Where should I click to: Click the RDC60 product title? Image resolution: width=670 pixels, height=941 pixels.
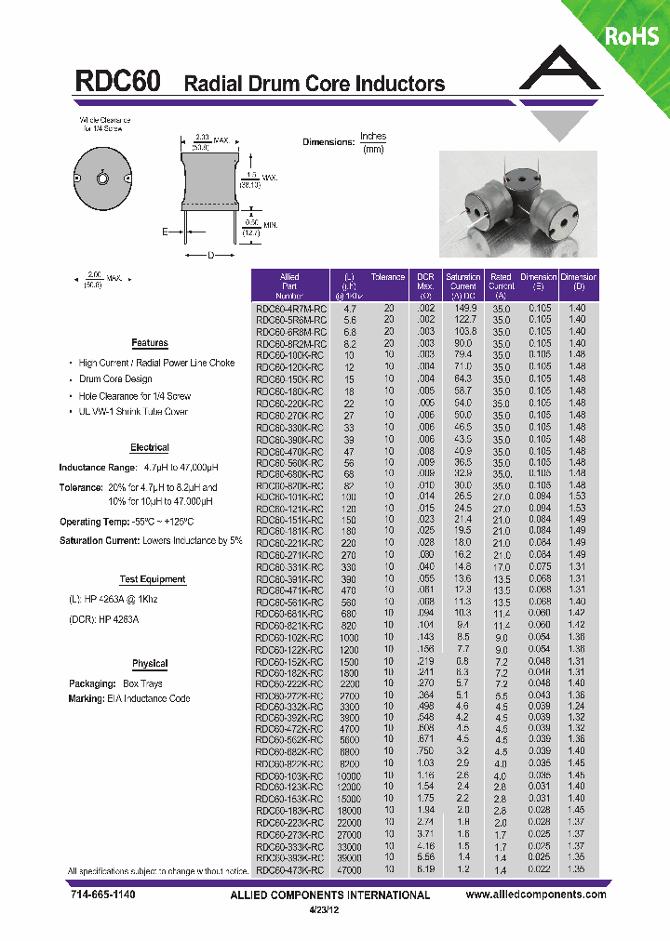click(117, 82)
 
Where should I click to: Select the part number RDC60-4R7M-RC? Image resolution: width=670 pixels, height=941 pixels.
click(290, 308)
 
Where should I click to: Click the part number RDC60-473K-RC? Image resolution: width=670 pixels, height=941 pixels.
click(290, 870)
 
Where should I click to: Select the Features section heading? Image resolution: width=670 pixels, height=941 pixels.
click(150, 343)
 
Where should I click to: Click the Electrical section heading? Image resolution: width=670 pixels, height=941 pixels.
click(150, 447)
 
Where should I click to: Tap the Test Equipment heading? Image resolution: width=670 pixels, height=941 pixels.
click(153, 579)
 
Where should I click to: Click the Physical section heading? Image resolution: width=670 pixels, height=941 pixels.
click(150, 664)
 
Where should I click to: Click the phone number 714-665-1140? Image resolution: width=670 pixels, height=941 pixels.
click(102, 895)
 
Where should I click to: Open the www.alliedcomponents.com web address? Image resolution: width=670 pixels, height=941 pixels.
click(535, 895)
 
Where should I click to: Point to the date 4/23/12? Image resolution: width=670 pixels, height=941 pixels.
click(330, 910)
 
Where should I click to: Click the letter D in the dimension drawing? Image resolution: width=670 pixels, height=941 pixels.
click(210, 255)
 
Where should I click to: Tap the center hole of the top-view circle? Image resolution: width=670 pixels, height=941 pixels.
click(103, 179)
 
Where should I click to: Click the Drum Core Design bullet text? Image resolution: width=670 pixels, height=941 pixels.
click(115, 379)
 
